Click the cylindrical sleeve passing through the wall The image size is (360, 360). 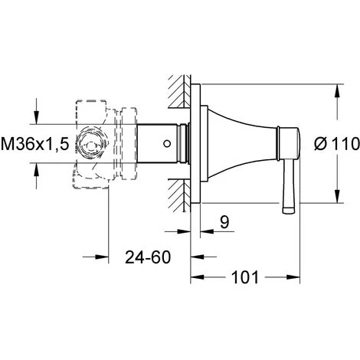149,142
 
